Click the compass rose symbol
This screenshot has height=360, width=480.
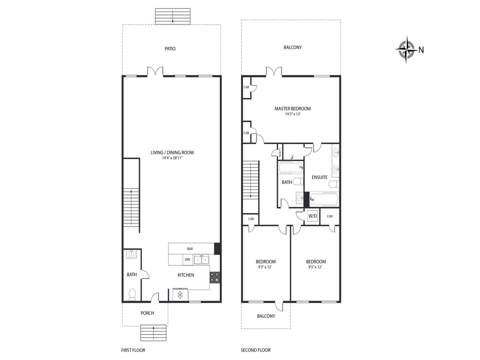[406, 49]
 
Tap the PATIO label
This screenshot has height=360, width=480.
[170, 49]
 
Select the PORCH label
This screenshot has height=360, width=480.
[147, 313]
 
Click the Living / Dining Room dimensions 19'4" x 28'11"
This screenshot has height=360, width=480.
[172, 158]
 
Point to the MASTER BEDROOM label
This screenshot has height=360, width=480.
[292, 108]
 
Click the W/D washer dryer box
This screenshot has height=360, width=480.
[312, 216]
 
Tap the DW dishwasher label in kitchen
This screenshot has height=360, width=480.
[187, 259]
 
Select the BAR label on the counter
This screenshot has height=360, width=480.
[190, 248]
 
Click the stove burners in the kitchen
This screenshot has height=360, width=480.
[214, 277]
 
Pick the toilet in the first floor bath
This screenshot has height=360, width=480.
[132, 293]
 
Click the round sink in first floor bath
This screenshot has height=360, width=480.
[131, 254]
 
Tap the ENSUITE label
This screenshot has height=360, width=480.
[319, 177]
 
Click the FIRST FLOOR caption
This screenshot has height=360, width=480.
[133, 350]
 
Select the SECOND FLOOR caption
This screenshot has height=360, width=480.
[255, 350]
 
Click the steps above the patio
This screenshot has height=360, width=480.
[172, 16]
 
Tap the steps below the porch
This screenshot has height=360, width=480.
[153, 332]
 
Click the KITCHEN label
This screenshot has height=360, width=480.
[186, 275]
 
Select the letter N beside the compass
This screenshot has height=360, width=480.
[421, 49]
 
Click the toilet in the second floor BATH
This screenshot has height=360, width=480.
[297, 181]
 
